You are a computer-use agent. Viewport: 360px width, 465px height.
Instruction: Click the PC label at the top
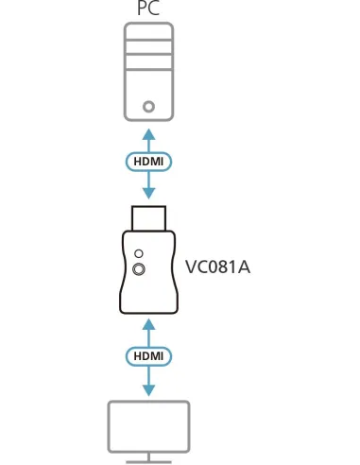[x=148, y=9]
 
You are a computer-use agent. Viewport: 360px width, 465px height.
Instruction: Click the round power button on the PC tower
[x=148, y=107]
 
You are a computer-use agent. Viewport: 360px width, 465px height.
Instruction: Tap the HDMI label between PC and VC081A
[x=148, y=161]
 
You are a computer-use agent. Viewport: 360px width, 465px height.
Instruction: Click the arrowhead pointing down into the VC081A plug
[x=148, y=193]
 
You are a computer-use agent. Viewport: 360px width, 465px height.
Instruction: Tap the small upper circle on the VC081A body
[x=140, y=253]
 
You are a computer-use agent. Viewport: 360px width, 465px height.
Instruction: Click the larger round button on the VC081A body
[x=141, y=270]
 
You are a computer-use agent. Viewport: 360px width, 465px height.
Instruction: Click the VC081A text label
[x=217, y=267]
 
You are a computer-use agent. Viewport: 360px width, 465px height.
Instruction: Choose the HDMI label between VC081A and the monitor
[x=148, y=356]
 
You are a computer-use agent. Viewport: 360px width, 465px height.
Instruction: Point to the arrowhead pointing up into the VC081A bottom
[x=148, y=325]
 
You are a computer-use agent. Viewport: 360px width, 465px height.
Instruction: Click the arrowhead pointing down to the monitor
[x=148, y=390]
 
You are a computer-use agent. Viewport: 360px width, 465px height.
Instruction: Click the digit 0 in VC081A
[x=211, y=267]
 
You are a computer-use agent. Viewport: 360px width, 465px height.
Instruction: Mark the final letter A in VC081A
[x=243, y=267]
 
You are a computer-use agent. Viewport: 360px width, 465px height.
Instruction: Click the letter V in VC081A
[x=191, y=267]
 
